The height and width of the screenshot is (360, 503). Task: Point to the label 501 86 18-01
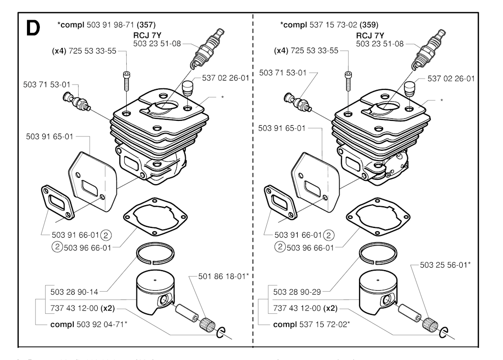[x=224, y=276]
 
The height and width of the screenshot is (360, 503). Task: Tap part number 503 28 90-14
[x=74, y=292]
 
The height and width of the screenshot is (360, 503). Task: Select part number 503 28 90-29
[x=296, y=292]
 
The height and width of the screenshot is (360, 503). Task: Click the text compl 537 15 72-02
[x=311, y=324]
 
